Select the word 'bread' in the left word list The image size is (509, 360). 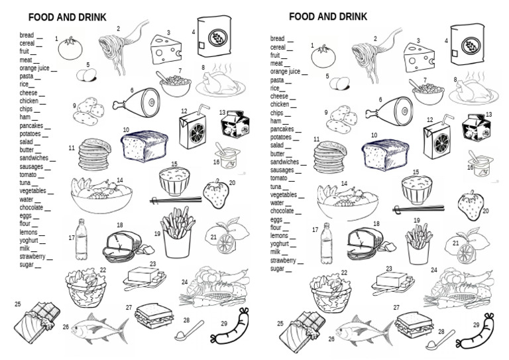27,35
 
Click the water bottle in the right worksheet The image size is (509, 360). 326,243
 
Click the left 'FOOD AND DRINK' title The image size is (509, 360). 68,17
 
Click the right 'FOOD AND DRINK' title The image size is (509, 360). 329,17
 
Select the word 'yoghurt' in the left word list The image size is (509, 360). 30,241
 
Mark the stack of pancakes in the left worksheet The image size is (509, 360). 93,155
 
